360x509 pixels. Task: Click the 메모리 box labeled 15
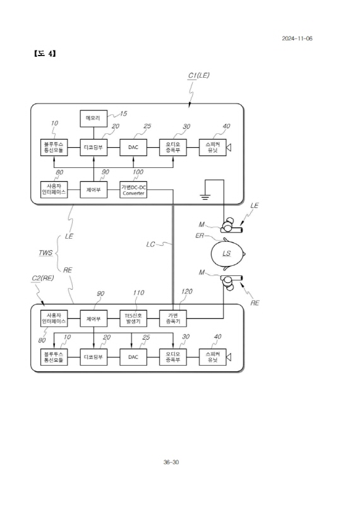click(93, 119)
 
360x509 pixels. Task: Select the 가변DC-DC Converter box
click(133, 189)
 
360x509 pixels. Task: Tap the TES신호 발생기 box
click(133, 318)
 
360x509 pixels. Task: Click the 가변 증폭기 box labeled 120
click(172, 318)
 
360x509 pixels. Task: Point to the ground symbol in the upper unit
click(205, 196)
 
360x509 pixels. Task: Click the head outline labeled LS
click(227, 253)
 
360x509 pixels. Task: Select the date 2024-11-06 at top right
click(297, 39)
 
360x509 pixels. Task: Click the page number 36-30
click(171, 462)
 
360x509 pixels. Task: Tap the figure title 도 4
click(44, 53)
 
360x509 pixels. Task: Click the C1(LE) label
click(199, 75)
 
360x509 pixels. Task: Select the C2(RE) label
click(43, 278)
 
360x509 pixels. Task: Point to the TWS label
click(45, 253)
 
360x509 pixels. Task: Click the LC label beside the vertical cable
click(150, 244)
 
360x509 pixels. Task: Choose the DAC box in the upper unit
click(133, 147)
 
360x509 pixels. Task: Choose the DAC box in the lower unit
click(133, 357)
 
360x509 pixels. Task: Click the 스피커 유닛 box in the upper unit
click(212, 147)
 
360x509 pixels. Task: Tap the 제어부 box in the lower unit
click(93, 318)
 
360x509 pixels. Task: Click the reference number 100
click(138, 172)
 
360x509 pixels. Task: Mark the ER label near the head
click(200, 236)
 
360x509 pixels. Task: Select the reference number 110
click(138, 293)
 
